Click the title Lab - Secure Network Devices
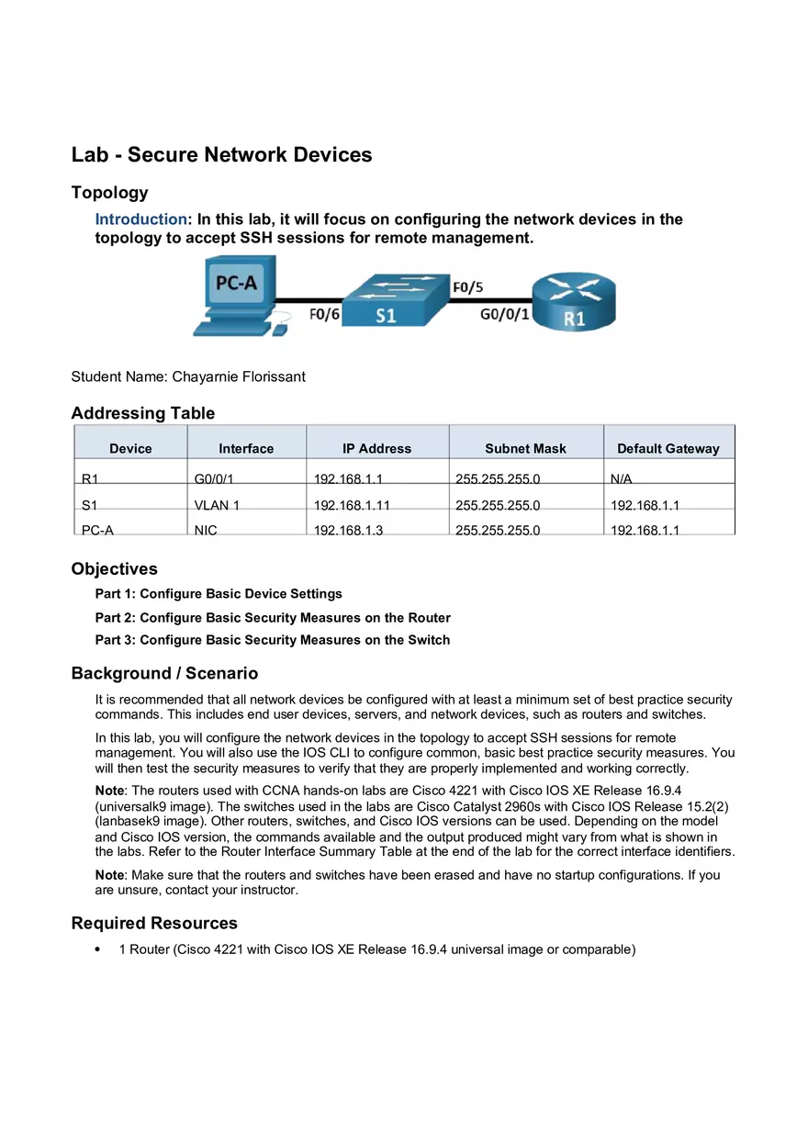click(221, 154)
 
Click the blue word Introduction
click(140, 219)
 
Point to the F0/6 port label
click(324, 315)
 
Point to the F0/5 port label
click(467, 287)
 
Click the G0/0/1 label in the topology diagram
click(505, 314)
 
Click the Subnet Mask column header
click(525, 449)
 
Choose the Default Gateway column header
click(668, 449)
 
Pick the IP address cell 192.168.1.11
click(352, 505)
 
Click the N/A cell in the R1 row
click(621, 479)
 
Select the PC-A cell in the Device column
click(97, 530)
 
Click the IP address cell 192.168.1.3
click(348, 530)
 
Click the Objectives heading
click(114, 568)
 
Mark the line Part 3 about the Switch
click(273, 640)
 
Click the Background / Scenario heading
click(164, 673)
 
